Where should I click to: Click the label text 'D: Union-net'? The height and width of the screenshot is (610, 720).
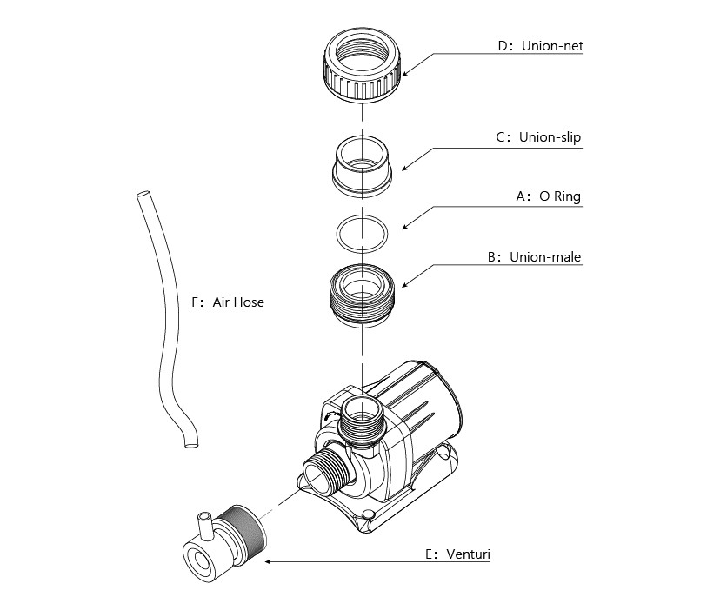(541, 46)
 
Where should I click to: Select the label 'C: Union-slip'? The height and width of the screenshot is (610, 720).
(538, 137)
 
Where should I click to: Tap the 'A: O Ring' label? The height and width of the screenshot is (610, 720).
(549, 196)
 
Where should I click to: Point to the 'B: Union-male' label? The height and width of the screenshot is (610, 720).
(534, 257)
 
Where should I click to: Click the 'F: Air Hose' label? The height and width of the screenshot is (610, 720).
(228, 302)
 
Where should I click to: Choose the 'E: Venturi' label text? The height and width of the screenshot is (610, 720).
(457, 554)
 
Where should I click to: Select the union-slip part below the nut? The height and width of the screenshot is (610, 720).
(363, 166)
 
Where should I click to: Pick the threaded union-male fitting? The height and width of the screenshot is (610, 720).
(363, 295)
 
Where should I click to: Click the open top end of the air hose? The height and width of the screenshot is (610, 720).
(143, 195)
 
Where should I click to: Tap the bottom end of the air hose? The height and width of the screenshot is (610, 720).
(190, 444)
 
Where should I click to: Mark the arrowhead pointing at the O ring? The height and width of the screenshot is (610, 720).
(405, 226)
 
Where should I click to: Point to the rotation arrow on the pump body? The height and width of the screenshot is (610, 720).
(330, 415)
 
